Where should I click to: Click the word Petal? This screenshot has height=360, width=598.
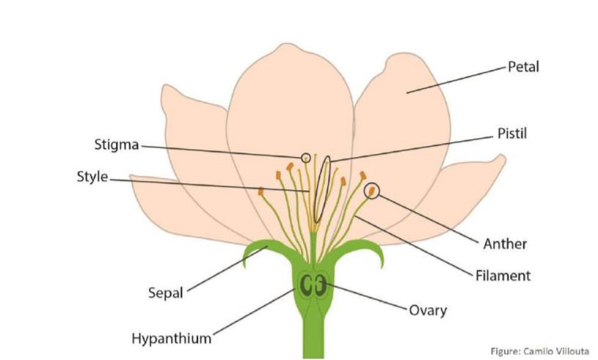523,67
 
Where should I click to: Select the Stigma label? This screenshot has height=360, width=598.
117,144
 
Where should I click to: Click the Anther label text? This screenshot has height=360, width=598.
505,243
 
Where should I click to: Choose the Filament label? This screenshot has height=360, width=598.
502,276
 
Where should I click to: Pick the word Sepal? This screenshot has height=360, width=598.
165,294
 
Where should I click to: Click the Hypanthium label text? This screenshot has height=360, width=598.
171,338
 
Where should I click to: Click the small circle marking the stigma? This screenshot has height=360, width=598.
306,156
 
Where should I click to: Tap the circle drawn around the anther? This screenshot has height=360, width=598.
373,191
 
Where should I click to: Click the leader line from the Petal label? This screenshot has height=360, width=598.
455,79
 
